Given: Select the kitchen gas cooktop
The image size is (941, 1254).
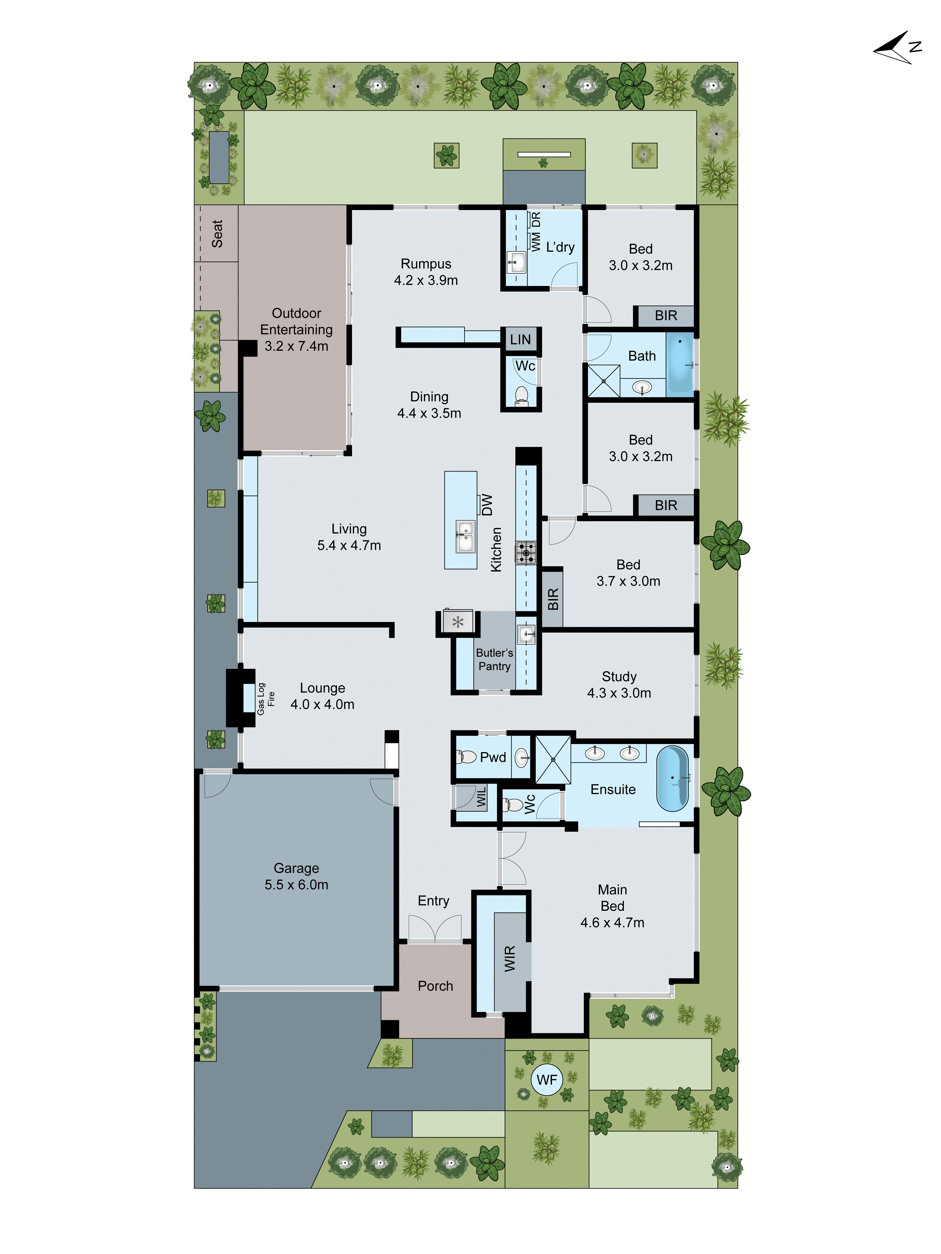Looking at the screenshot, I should point(525,553).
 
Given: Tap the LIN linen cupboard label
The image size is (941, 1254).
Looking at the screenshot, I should point(520,340).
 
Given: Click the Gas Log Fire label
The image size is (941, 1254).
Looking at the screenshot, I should point(265,698).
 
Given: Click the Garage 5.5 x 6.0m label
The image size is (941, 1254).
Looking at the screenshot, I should point(296,877).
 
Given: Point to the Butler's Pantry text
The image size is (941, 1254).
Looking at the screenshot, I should point(494,659).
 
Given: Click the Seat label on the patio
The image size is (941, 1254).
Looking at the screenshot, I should point(217,234).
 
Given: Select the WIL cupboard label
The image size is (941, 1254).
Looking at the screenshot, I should point(481,797).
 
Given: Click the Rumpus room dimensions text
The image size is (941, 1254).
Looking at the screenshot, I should point(426,280).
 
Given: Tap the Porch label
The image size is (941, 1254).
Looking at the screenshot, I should point(435,986).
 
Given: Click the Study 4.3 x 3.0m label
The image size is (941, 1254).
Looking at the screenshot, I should point(619,684).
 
